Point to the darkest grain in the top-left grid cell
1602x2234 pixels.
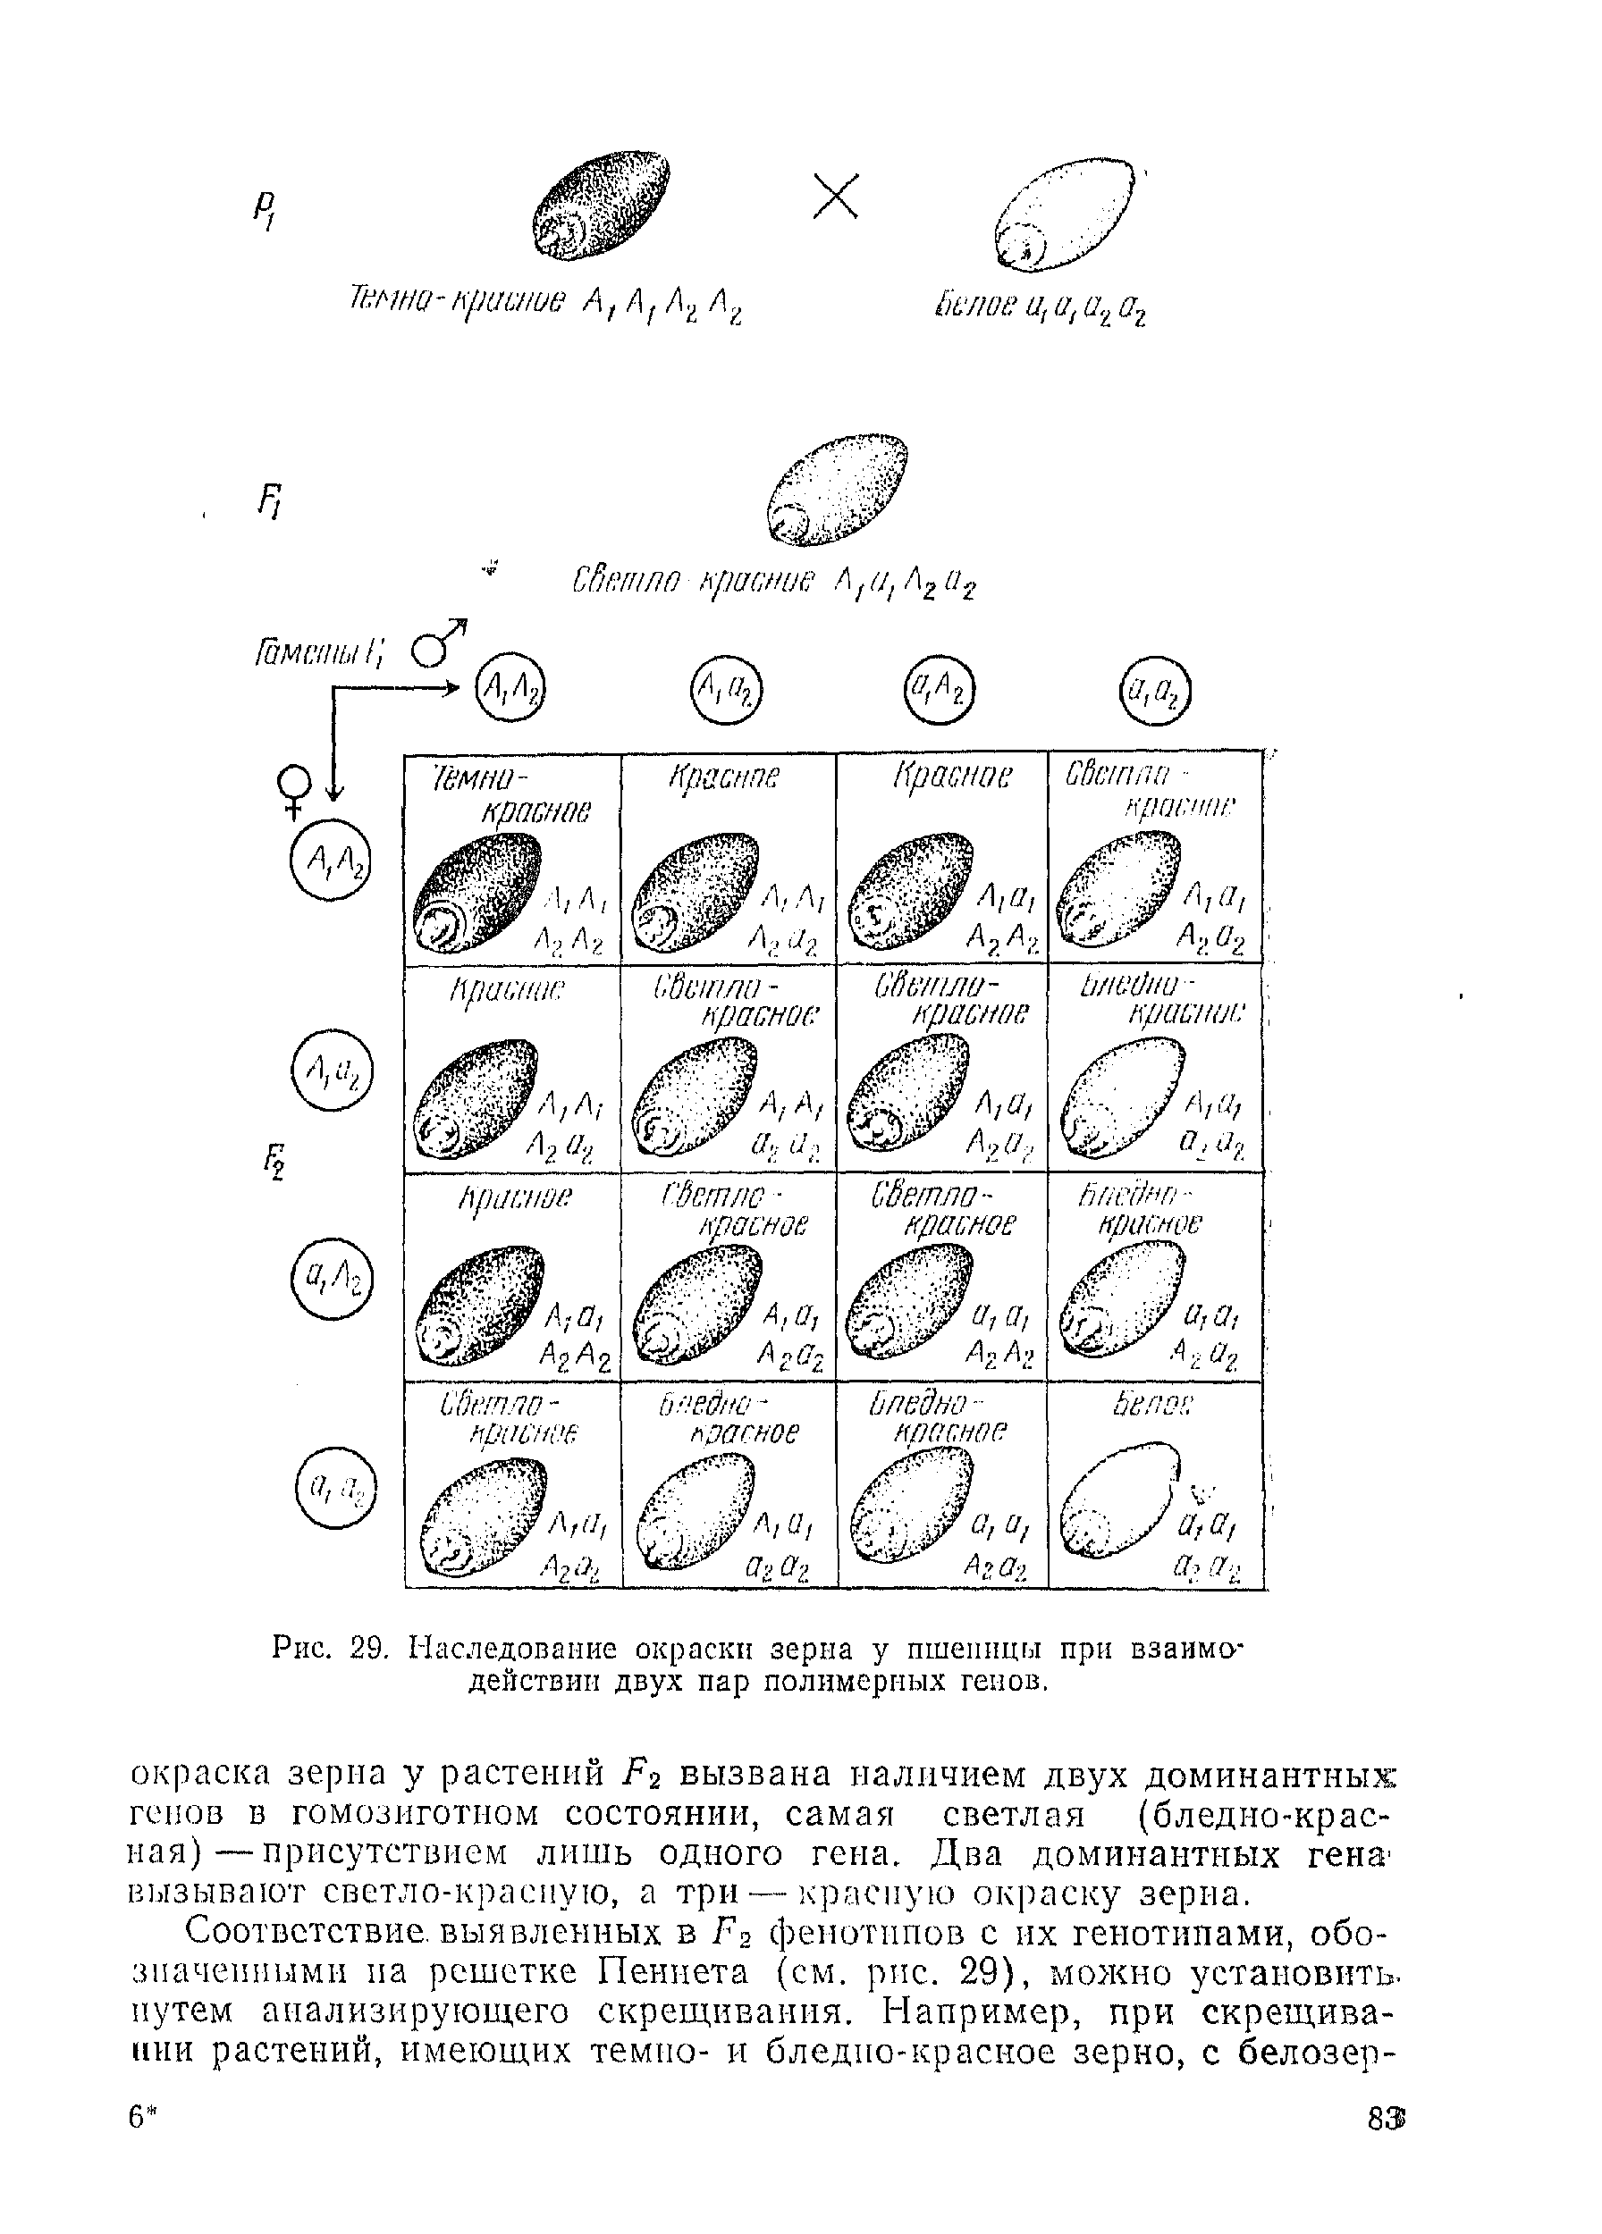[476, 894]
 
